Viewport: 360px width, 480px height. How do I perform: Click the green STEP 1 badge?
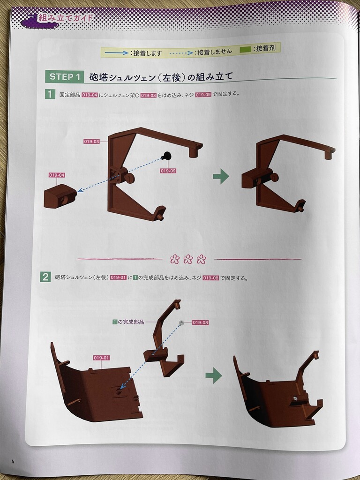coord(65,76)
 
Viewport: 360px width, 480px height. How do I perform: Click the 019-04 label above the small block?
coord(57,175)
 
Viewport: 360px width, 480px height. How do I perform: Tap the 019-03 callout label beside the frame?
coord(91,142)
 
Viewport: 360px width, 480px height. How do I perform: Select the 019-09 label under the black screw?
coord(168,171)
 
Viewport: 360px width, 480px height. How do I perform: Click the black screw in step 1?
coord(166,156)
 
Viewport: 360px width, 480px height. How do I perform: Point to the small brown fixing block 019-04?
coord(60,196)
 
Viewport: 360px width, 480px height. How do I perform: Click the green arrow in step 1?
coord(221,176)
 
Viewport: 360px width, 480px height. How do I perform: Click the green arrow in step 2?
coord(214,375)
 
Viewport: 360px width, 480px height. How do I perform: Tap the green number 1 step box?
coord(50,94)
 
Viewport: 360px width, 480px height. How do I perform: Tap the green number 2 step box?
coord(45,277)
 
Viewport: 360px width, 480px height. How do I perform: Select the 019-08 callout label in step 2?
coord(201,322)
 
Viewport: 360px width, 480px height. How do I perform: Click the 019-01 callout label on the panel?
coord(101,358)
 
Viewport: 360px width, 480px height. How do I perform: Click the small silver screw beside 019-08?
coord(181,322)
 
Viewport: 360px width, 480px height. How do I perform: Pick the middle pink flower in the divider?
coord(188,259)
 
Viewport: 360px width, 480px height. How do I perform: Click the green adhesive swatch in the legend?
coord(245,49)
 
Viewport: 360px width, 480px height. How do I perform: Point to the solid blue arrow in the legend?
coord(117,53)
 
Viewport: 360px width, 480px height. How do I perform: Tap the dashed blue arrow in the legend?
coord(181,53)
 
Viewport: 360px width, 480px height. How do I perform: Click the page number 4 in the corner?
coord(13,462)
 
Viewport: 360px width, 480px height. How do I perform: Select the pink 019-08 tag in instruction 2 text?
coord(210,278)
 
